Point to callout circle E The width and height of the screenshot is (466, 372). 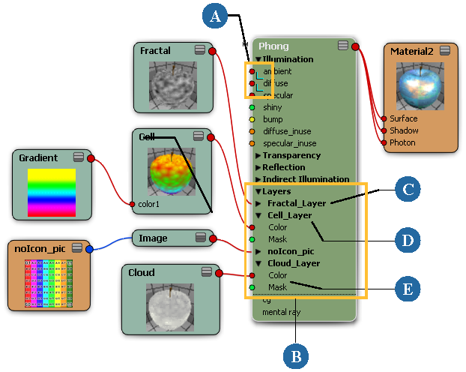409,288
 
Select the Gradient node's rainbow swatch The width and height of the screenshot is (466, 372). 52,192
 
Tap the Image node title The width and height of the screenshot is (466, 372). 154,238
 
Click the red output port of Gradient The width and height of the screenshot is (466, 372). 91,159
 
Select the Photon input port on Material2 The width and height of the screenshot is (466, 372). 384,142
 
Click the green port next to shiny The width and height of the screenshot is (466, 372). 252,107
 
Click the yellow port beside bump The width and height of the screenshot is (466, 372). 252,119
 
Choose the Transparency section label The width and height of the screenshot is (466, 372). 291,155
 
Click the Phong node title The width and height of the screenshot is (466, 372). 273,46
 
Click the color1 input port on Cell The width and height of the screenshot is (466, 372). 132,204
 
